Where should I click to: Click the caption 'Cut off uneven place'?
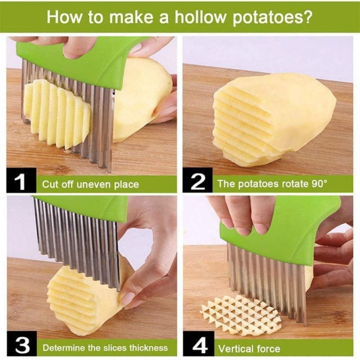tap(90, 184)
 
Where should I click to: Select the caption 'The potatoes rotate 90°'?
tap(272, 184)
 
